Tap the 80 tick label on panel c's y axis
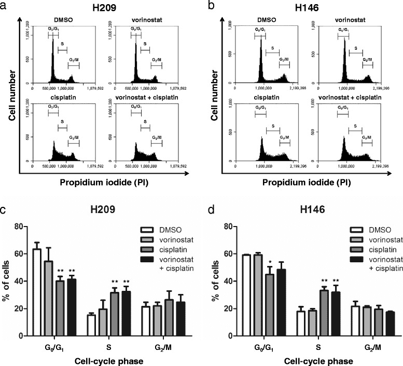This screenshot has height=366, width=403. [18, 226]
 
